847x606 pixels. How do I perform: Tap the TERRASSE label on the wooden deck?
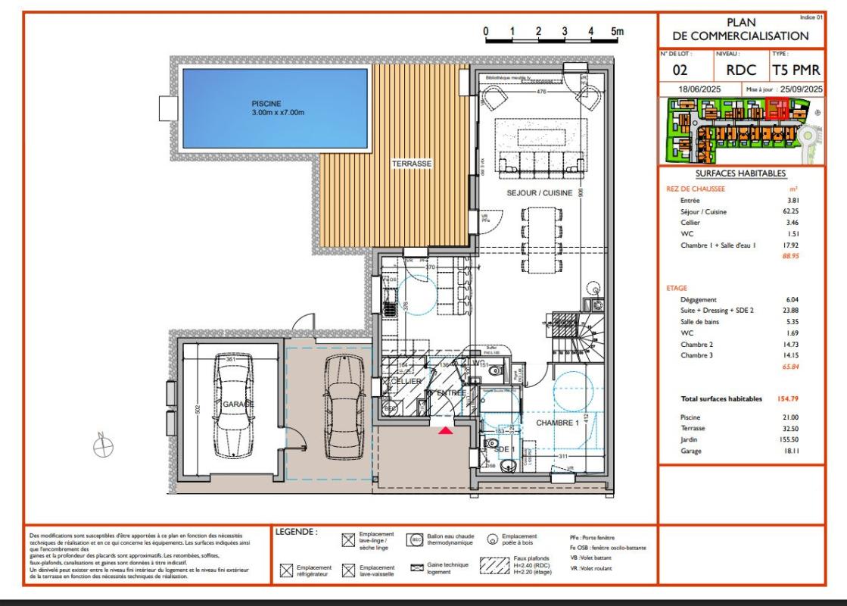(411, 164)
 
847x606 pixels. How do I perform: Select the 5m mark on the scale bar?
(617, 32)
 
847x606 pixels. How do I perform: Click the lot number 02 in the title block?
(680, 70)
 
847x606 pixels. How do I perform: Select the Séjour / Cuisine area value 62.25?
(790, 212)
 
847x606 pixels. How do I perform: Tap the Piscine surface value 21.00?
(790, 417)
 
